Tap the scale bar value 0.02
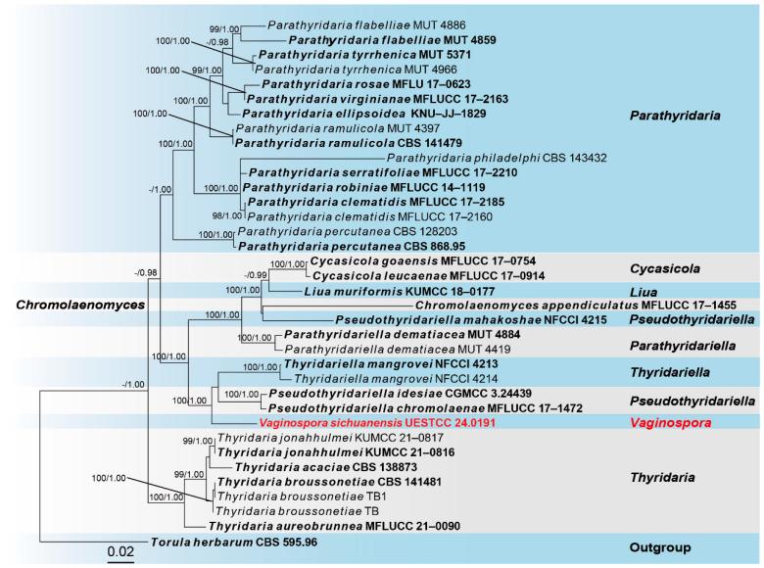click(120, 551)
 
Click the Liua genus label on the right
click(645, 291)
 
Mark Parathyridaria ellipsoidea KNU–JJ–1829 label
click(344, 113)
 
